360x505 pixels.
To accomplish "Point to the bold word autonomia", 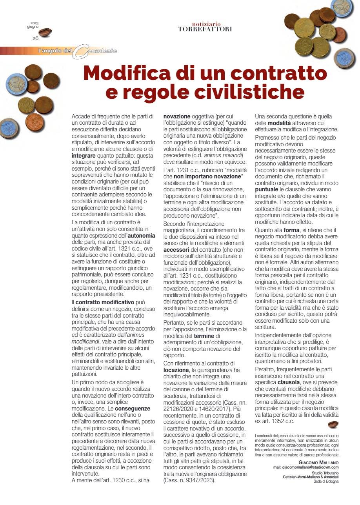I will [142, 236].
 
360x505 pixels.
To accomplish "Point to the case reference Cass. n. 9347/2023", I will [189, 480].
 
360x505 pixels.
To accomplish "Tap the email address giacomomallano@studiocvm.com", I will [305, 467].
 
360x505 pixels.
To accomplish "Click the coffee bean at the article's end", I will [334, 424].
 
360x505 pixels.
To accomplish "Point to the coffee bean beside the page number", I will [45, 33].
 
